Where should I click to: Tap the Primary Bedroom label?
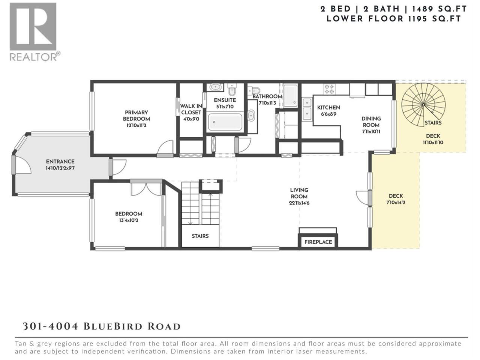click(x=136, y=115)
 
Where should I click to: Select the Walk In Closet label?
click(x=191, y=109)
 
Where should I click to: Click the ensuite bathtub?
click(x=225, y=121)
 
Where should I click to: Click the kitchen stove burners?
click(x=329, y=89)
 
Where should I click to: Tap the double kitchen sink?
click(x=307, y=109)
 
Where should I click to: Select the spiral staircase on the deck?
click(x=423, y=105)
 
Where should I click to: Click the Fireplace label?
click(x=318, y=242)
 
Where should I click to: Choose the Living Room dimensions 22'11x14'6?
click(x=299, y=203)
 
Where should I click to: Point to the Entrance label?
click(x=60, y=162)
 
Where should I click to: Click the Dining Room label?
click(x=371, y=122)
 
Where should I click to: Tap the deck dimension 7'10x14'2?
click(x=396, y=202)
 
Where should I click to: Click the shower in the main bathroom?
click(x=291, y=95)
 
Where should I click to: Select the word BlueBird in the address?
click(x=113, y=327)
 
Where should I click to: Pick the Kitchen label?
click(x=328, y=108)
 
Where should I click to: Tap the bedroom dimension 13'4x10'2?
click(x=129, y=220)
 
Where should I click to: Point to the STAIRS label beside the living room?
click(x=200, y=236)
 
